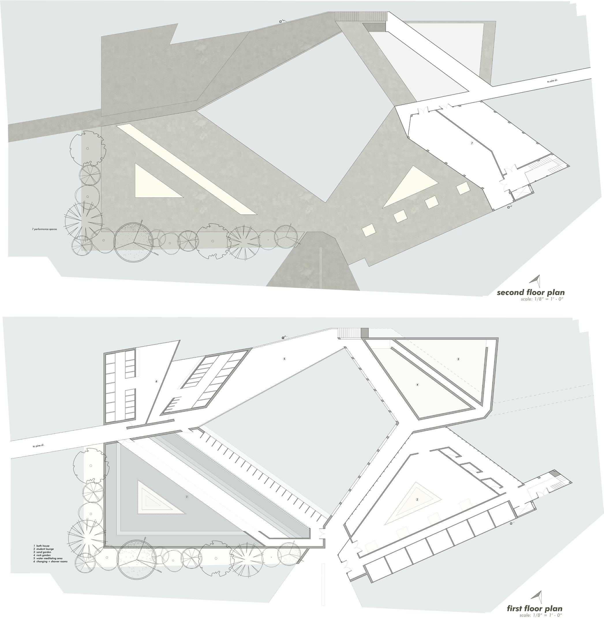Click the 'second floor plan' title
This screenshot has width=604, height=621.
coord(530,292)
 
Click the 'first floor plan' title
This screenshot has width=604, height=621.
coord(534,608)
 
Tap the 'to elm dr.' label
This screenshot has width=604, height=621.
coord(552,81)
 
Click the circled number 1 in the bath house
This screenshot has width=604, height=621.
coord(187,497)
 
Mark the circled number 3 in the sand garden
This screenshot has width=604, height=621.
coord(458,359)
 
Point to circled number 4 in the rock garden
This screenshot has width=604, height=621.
coord(418,385)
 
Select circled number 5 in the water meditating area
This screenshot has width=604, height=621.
coord(285,359)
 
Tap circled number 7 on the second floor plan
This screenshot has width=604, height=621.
coord(472,144)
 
